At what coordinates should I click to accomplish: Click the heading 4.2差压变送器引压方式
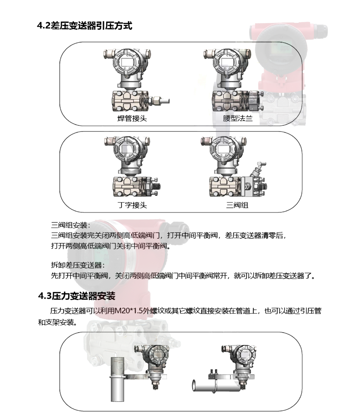(x=84, y=26)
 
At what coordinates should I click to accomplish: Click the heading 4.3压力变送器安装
(x=77, y=295)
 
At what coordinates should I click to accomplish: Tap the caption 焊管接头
(x=132, y=118)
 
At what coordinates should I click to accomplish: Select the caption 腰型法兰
(x=238, y=118)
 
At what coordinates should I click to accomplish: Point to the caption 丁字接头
(x=132, y=205)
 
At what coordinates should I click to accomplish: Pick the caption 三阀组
(x=237, y=205)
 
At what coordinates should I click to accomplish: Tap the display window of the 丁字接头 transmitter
(x=126, y=150)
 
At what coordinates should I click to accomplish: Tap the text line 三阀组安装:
(x=71, y=225)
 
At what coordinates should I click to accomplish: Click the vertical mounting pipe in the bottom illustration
(x=117, y=379)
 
